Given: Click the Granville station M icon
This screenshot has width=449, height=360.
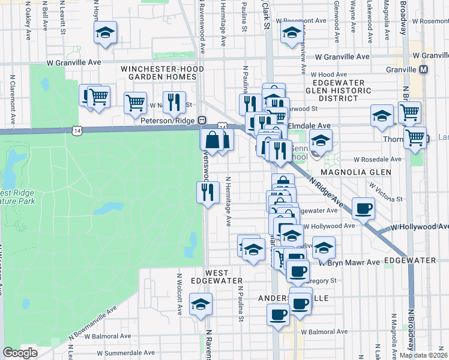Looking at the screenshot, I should pyautogui.click(x=424, y=70).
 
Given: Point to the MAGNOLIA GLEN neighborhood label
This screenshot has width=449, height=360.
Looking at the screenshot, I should pyautogui.click(x=355, y=172).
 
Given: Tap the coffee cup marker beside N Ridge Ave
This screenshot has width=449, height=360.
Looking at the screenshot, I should pyautogui.click(x=363, y=209).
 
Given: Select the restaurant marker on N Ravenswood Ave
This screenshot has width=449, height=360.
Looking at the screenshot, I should pyautogui.click(x=208, y=193).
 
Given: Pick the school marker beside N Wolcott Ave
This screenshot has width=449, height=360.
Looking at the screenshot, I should pyautogui.click(x=200, y=304).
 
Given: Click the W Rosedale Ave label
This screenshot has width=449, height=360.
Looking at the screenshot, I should pyautogui.click(x=377, y=160).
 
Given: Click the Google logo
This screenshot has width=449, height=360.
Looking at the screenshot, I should pyautogui.click(x=20, y=353).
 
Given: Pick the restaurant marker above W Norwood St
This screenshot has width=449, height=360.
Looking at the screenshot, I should pyautogui.click(x=174, y=103).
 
